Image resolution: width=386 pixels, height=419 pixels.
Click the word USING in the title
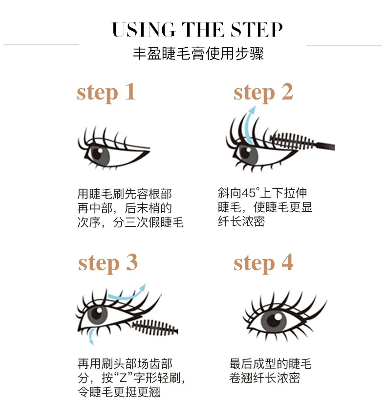point(144,29)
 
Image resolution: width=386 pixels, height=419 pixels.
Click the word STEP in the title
point(257,29)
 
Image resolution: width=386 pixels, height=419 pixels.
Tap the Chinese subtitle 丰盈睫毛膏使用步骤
point(198,54)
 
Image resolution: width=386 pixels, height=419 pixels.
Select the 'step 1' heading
point(106,93)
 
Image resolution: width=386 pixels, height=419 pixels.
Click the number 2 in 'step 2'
point(287,92)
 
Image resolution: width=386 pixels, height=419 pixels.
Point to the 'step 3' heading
point(108,263)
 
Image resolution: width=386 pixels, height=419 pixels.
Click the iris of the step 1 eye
point(99,155)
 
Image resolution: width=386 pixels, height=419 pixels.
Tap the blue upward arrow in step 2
point(250,125)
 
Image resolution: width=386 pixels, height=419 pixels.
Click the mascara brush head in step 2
point(291,141)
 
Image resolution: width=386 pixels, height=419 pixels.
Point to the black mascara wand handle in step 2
point(324,146)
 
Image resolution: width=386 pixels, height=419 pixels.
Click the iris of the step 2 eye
point(248,154)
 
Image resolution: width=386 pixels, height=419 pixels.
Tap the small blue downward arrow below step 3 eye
point(91,336)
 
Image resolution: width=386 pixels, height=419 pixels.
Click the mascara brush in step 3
point(155,327)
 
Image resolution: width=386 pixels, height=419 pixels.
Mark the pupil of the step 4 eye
point(273,320)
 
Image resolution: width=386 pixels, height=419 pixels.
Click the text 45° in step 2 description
point(251,193)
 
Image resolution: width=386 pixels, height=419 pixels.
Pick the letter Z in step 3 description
point(124,378)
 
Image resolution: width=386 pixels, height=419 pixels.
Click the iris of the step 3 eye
point(97,315)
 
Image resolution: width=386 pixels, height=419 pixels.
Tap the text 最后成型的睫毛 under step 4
point(270,364)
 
